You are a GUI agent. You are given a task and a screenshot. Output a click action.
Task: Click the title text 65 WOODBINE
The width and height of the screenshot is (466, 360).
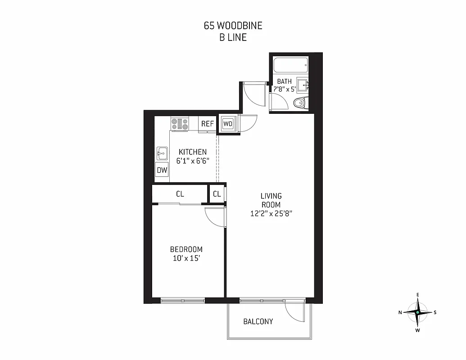pyautogui.click(x=233, y=26)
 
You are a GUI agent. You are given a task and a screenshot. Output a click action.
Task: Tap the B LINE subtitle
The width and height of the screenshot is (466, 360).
pyautogui.click(x=233, y=37)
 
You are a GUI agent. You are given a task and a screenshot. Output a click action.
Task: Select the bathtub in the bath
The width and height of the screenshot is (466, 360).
pyautogui.click(x=291, y=67)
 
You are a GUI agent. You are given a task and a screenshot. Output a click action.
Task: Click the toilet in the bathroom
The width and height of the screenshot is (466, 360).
pyautogui.click(x=299, y=103)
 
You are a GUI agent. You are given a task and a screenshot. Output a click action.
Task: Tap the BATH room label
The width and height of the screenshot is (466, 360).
pyautogui.click(x=284, y=81)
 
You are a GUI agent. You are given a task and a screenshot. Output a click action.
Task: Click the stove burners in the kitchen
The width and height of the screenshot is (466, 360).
pyautogui.click(x=180, y=123)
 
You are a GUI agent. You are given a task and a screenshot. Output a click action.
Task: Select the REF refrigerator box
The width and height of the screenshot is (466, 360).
pyautogui.click(x=207, y=124)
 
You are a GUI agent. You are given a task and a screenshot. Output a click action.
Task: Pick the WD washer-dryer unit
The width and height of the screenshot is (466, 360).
pyautogui.click(x=228, y=124)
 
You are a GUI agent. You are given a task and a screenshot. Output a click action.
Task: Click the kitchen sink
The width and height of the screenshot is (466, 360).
pyautogui.click(x=162, y=153)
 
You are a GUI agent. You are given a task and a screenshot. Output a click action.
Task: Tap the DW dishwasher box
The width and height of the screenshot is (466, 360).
pyautogui.click(x=162, y=170)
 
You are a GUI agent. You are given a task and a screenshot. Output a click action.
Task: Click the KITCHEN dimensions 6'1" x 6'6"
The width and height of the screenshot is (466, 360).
pyautogui.click(x=193, y=161)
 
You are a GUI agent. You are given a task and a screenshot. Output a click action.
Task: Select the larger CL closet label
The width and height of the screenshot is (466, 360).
pyautogui.click(x=180, y=194)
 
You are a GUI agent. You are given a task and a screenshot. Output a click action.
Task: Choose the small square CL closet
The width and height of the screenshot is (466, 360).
pyautogui.click(x=217, y=194)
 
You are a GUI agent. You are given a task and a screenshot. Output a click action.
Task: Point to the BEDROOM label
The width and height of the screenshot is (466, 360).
pyautogui.click(x=186, y=249)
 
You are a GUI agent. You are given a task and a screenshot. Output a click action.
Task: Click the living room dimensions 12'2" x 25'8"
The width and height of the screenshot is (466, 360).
pyautogui.click(x=271, y=214)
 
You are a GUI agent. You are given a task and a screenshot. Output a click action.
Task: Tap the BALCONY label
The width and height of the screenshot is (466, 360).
pyautogui.click(x=258, y=321)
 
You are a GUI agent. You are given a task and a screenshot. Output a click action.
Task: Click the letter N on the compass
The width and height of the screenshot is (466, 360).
pyautogui.click(x=400, y=312)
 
